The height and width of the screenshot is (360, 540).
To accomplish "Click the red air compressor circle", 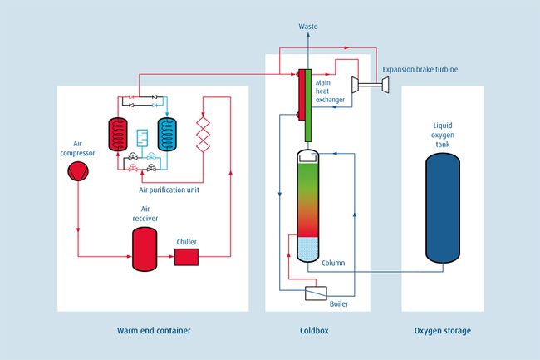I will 76,170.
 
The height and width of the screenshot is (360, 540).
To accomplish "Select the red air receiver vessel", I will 146,248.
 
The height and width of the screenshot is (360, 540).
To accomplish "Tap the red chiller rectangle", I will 186,257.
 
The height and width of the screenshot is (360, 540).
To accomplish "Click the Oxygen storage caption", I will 442,331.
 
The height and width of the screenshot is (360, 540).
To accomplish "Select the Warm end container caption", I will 154,331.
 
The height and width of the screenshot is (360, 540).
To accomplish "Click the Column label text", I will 333,263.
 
